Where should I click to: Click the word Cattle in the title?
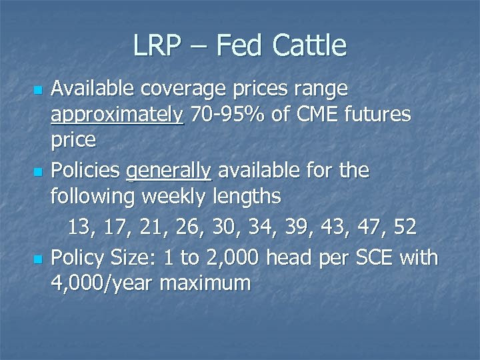(x=309, y=46)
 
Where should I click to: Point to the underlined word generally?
(x=169, y=171)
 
